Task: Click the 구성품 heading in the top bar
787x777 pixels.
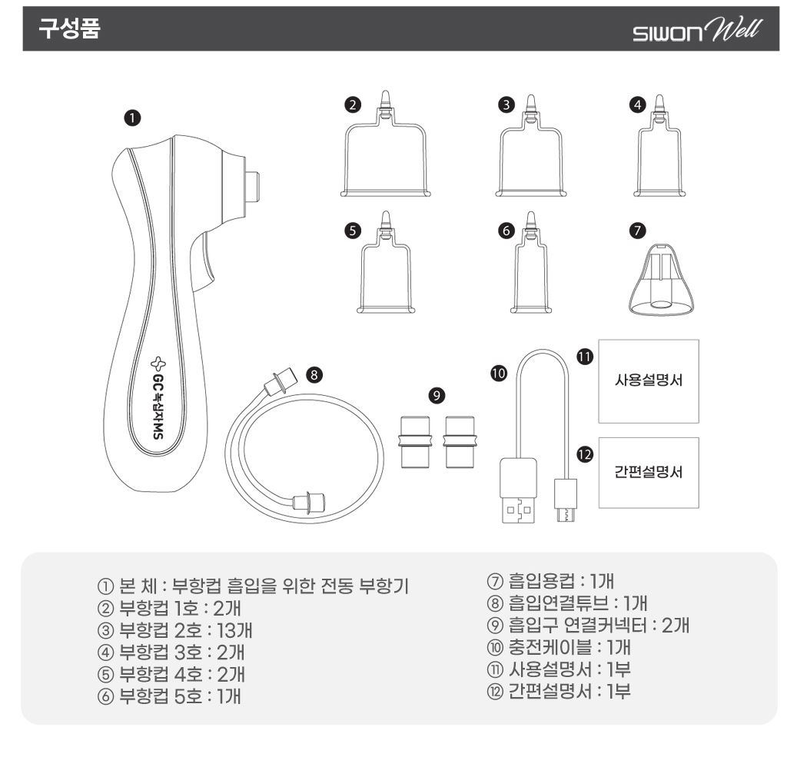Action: point(70,28)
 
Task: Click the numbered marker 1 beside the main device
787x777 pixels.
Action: point(132,118)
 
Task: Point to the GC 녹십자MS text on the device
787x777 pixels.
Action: point(158,398)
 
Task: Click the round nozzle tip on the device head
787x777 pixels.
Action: point(252,186)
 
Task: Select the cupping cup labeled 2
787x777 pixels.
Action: point(386,145)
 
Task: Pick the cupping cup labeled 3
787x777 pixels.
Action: point(531,146)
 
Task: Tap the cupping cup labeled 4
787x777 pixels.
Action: point(659,146)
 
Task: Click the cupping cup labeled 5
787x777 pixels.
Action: point(386,263)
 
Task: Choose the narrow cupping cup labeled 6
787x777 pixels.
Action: point(530,263)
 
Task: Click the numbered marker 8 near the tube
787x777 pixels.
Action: point(314,375)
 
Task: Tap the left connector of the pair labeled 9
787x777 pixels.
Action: point(414,442)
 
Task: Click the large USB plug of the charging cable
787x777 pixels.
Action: point(517,490)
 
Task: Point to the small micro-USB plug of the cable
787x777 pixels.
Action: point(566,500)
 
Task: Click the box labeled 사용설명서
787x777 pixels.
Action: point(649,381)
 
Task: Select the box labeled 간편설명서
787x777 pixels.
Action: point(649,473)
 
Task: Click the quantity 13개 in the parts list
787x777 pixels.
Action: point(234,630)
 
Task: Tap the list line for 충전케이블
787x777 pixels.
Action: point(558,647)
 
